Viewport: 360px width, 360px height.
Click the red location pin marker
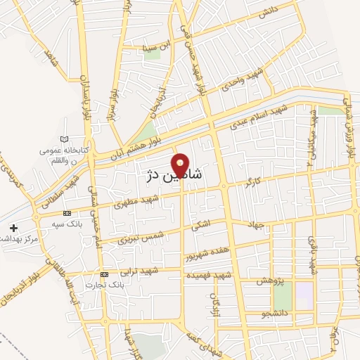[x=181, y=166]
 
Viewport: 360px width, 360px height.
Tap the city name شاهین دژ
[x=172, y=176]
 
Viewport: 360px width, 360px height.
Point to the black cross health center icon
[x=14, y=228]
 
